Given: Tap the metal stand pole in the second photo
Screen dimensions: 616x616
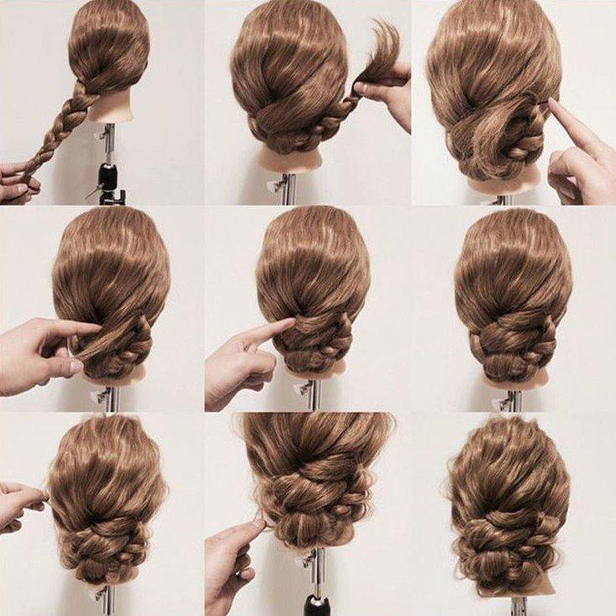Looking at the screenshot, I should [288, 187].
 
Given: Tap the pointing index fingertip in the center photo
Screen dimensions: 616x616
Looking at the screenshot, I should [287, 324].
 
